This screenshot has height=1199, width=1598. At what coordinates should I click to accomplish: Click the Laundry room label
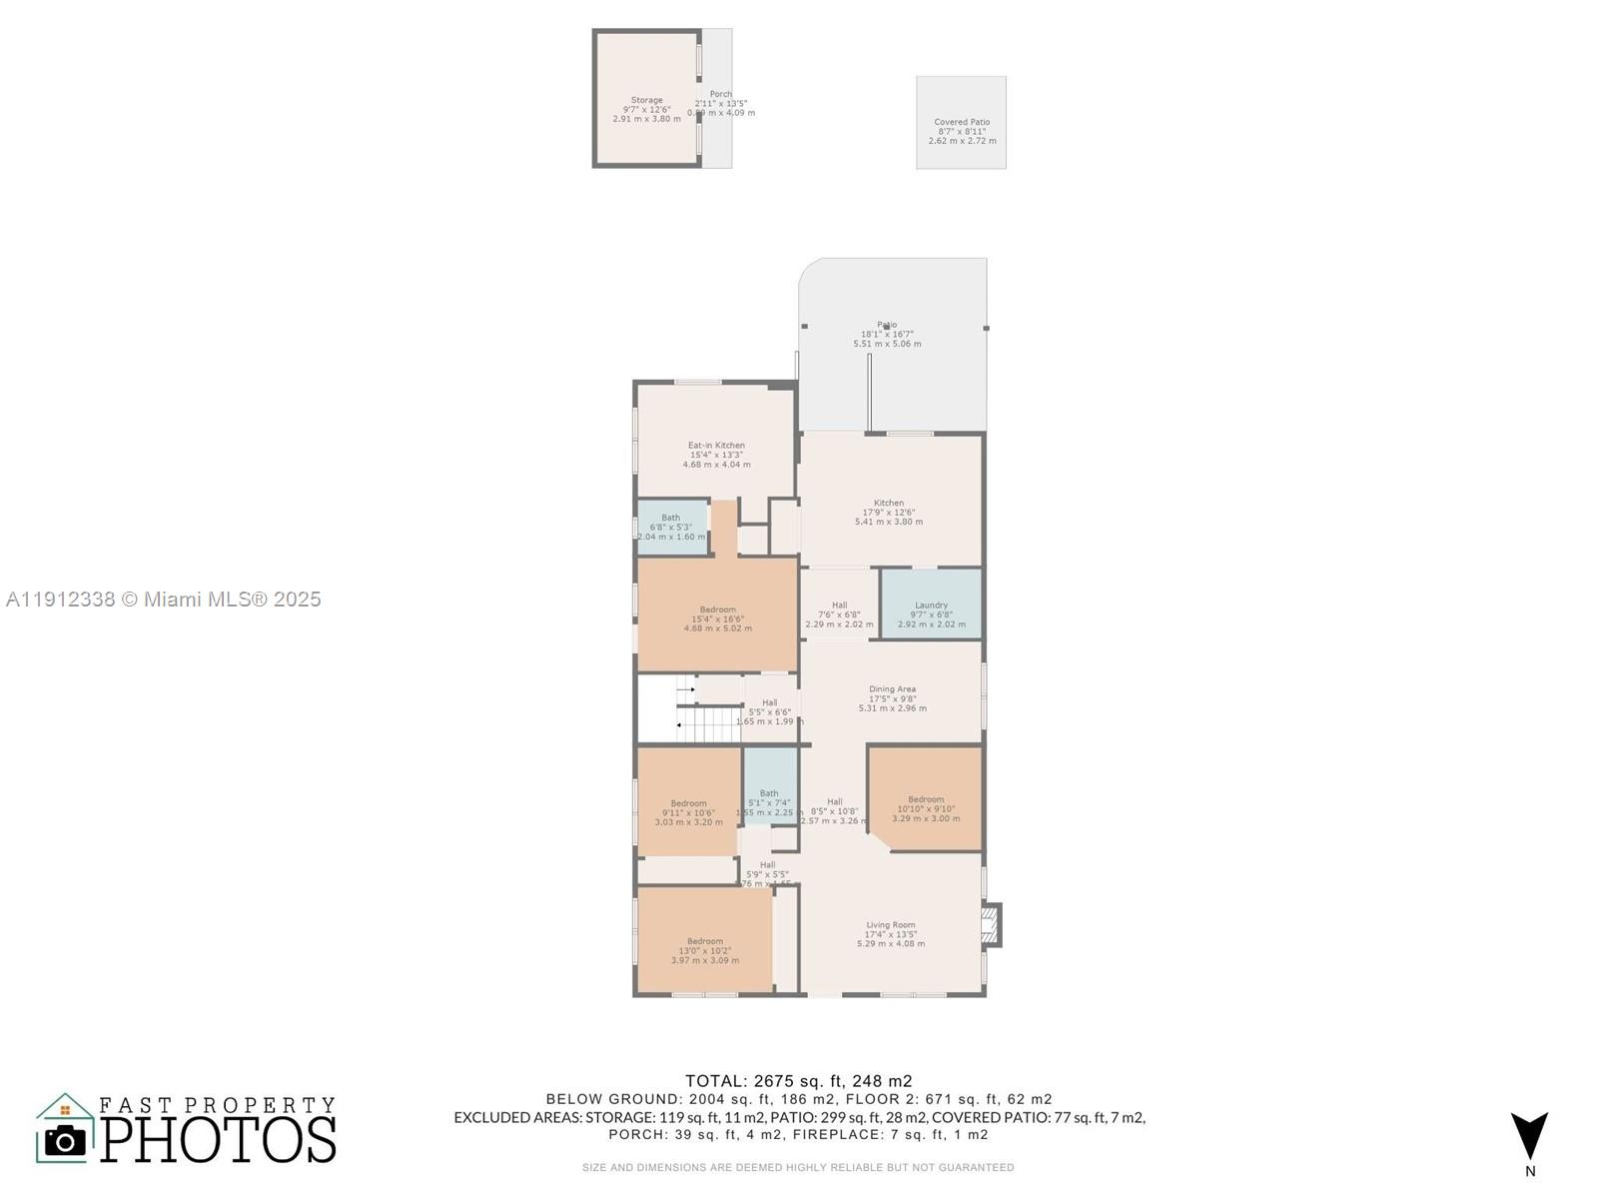(x=931, y=613)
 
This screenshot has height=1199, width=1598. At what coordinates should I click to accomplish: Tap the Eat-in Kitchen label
(x=716, y=455)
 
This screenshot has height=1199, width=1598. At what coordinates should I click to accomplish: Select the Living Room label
(x=890, y=934)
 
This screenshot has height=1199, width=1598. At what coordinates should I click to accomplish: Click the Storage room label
(x=646, y=109)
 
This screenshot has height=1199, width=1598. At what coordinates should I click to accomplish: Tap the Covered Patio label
(x=962, y=131)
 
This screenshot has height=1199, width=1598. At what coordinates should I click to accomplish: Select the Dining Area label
(x=892, y=698)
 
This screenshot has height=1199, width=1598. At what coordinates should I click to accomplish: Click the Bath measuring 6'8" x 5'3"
(x=670, y=527)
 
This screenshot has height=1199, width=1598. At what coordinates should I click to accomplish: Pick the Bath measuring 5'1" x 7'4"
(x=769, y=802)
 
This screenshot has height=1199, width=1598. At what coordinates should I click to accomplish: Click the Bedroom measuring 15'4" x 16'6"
(x=717, y=618)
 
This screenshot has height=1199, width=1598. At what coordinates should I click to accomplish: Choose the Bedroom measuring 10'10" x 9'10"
(x=926, y=808)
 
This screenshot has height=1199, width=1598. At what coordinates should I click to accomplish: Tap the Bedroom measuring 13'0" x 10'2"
(x=705, y=950)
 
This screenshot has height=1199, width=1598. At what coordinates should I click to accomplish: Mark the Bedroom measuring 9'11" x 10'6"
(x=688, y=812)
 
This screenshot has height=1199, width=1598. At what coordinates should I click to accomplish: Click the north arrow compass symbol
(x=1529, y=1137)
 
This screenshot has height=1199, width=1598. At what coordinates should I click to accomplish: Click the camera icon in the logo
(x=66, y=1140)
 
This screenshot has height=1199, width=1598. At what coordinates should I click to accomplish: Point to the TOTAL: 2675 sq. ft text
(x=798, y=1080)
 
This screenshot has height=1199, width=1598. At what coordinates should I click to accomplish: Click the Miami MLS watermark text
(x=163, y=599)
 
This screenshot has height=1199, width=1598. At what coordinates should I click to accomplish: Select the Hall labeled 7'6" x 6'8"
(x=839, y=614)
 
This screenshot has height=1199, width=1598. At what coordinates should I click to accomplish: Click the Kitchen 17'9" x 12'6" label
(x=888, y=512)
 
